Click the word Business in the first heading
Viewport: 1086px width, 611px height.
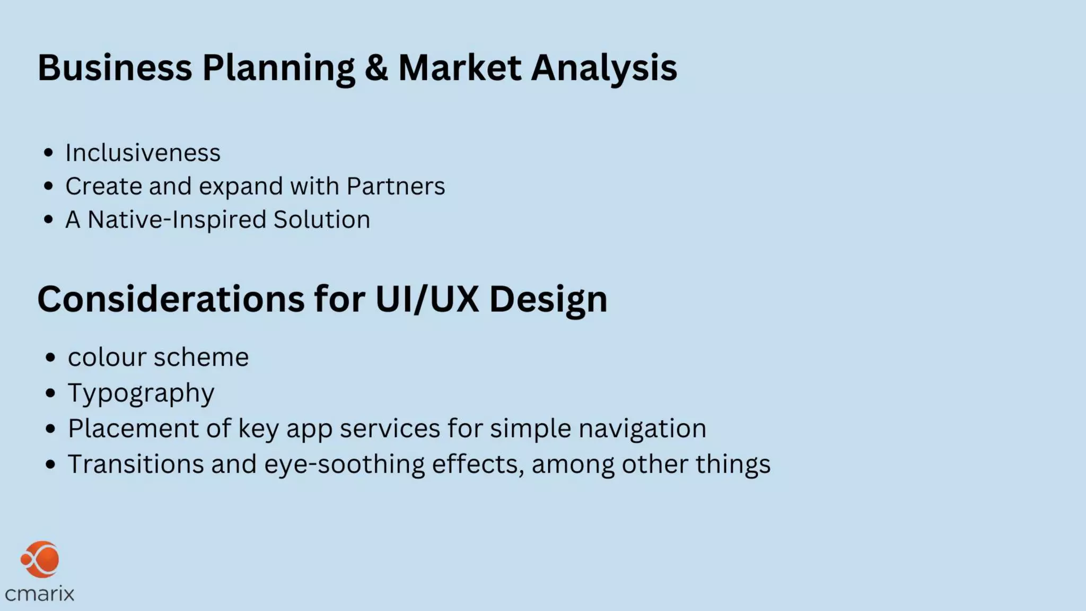pyautogui.click(x=115, y=68)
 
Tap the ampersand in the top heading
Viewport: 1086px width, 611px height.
pyautogui.click(x=376, y=68)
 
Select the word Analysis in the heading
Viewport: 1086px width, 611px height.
pyautogui.click(x=604, y=68)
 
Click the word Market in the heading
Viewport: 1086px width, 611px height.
pyautogui.click(x=459, y=68)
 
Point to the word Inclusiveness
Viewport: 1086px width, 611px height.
pyautogui.click(x=143, y=153)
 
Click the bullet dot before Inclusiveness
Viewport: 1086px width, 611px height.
pyautogui.click(x=49, y=153)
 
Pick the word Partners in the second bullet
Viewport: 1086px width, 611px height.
pyautogui.click(x=396, y=186)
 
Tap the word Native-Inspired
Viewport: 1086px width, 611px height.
pyautogui.click(x=177, y=220)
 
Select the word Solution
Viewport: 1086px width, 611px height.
pyautogui.click(x=321, y=220)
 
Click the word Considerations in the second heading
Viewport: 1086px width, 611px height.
pyautogui.click(x=171, y=299)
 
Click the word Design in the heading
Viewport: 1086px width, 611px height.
pyautogui.click(x=548, y=300)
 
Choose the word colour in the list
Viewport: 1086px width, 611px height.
pyautogui.click(x=107, y=357)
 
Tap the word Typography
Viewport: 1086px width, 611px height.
pyautogui.click(x=141, y=394)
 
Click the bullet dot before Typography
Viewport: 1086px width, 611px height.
pyautogui.click(x=50, y=394)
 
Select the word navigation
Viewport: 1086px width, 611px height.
pyautogui.click(x=642, y=429)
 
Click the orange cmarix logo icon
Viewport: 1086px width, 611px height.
pyautogui.click(x=40, y=559)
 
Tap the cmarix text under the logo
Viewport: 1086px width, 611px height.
pyautogui.click(x=40, y=593)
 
